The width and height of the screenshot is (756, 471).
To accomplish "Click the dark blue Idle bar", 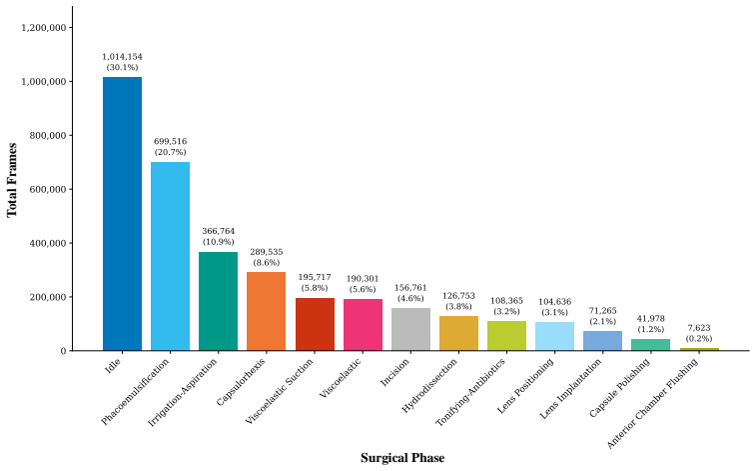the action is tap(123, 214).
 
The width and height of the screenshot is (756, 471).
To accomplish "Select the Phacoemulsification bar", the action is tap(170, 256).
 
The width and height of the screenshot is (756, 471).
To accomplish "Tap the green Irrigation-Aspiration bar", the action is tap(218, 301).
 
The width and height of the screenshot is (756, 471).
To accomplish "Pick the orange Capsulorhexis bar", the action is tap(266, 311).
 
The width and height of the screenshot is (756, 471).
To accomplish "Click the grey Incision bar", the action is tap(410, 329).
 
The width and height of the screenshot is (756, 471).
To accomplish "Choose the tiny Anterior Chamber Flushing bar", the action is tap(699, 349).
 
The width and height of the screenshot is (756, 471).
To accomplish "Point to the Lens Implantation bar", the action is tap(602, 341).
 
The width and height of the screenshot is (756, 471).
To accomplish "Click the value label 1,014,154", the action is tap(123, 57).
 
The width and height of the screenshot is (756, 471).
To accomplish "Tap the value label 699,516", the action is tap(170, 141).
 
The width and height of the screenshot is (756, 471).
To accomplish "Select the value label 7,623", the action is tap(699, 328).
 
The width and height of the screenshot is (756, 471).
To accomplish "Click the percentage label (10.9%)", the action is tap(219, 242).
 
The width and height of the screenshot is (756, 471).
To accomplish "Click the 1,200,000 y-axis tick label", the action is tap(44, 28).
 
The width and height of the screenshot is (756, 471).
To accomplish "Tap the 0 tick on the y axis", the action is tap(64, 351).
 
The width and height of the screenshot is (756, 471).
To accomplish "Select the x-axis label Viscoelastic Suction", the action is tap(280, 391).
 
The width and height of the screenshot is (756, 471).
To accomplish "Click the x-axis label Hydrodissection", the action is tap(429, 386).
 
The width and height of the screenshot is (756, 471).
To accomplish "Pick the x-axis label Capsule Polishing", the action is tap(620, 388).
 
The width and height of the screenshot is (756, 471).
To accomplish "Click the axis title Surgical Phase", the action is tap(402, 458).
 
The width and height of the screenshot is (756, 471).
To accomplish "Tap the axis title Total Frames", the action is tap(12, 180).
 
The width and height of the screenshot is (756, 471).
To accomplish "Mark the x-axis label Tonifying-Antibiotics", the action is tap(471, 392).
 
